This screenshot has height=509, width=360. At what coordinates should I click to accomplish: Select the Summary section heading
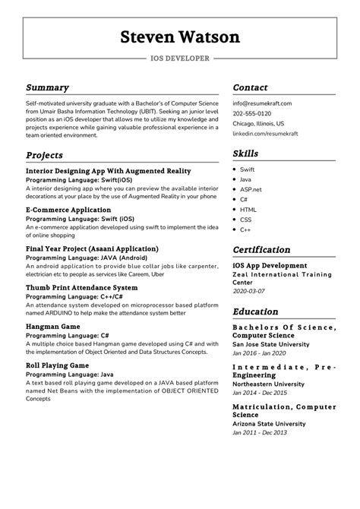tap(47, 87)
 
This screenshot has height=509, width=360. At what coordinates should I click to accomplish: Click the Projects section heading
tap(45, 155)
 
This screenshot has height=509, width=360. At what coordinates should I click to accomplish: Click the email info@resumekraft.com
tap(262, 103)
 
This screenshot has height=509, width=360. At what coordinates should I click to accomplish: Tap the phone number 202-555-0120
tap(252, 112)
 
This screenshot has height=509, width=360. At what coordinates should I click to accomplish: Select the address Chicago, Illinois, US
tap(259, 122)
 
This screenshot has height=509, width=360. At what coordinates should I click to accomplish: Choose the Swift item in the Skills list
tap(247, 169)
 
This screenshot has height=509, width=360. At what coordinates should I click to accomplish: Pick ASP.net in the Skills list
tap(251, 188)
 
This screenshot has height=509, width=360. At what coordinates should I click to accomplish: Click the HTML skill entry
tap(248, 209)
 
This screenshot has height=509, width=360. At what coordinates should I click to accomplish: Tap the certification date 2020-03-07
tap(251, 290)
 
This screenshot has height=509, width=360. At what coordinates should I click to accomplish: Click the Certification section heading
tap(261, 249)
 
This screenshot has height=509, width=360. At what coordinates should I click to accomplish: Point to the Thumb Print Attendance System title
tap(82, 288)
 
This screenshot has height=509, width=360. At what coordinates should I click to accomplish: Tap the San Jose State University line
tap(270, 344)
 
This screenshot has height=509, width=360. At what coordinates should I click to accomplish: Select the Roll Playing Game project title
tap(57, 365)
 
